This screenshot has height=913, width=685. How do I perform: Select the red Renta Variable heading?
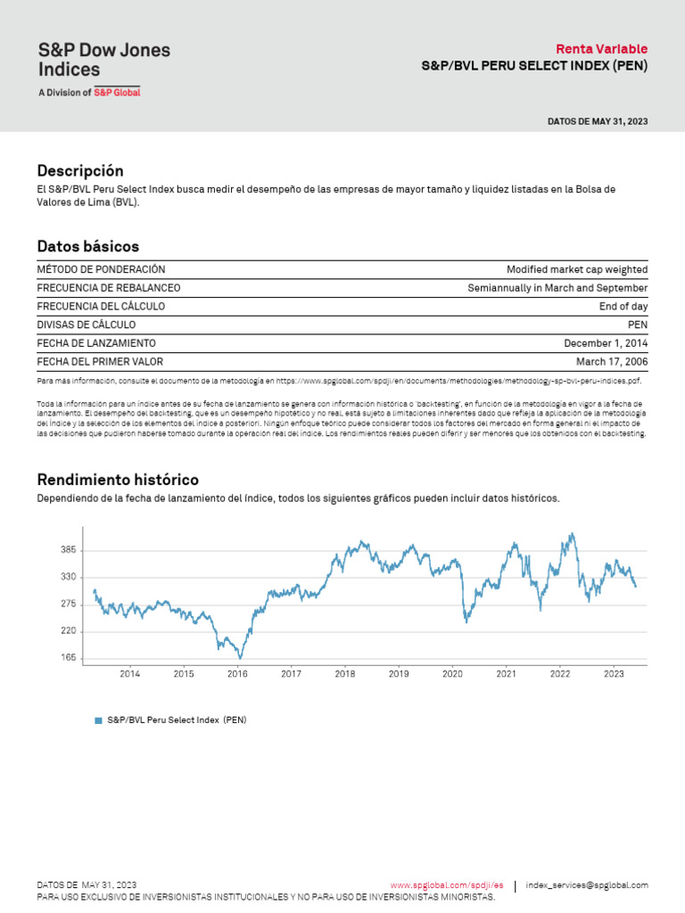click(x=601, y=49)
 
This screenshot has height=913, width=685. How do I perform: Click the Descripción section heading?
click(x=80, y=170)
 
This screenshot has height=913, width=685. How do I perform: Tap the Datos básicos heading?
click(x=88, y=246)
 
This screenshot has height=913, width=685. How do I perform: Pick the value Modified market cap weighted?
click(x=577, y=269)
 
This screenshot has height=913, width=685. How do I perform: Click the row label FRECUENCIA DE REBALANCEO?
click(x=109, y=288)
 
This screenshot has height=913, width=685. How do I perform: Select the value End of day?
click(x=623, y=306)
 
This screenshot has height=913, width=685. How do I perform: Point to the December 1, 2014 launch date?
click(x=606, y=343)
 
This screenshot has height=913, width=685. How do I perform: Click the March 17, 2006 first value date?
click(x=612, y=361)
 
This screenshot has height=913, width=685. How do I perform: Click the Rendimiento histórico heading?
click(x=118, y=480)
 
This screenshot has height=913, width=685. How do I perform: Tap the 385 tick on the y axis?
click(x=68, y=551)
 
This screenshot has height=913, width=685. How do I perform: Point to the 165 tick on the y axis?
click(x=68, y=658)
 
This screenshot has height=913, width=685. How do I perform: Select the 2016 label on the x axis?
click(x=237, y=675)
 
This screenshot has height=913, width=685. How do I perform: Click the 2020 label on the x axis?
click(x=452, y=675)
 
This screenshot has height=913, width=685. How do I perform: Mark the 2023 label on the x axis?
click(x=614, y=675)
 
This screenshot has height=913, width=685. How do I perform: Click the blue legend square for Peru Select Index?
click(x=99, y=720)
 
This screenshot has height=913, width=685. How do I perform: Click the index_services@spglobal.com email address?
click(x=587, y=885)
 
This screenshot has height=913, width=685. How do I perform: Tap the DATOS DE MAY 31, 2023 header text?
click(x=598, y=120)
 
